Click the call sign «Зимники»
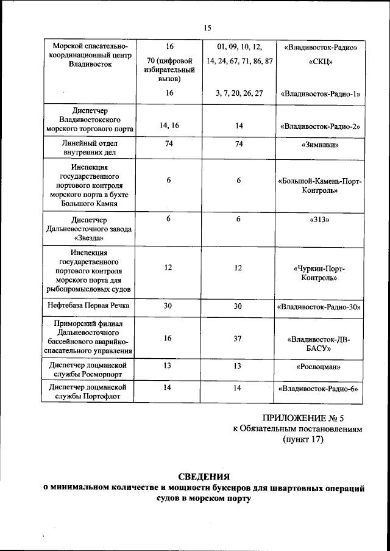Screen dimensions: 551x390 click(x=320, y=145)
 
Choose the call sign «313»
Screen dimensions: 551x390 click(x=320, y=218)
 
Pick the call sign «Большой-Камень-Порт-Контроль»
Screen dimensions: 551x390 click(x=320, y=185)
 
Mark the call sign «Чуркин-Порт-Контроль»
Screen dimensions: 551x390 click(x=320, y=273)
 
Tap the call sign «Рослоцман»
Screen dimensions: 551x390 click(x=320, y=367)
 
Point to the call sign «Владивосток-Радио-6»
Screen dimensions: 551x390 click(x=320, y=389)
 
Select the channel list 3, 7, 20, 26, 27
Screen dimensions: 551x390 click(x=239, y=93)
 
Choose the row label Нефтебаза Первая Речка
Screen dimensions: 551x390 click(x=88, y=306)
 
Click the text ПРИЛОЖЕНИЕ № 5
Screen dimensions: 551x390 click(x=303, y=418)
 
